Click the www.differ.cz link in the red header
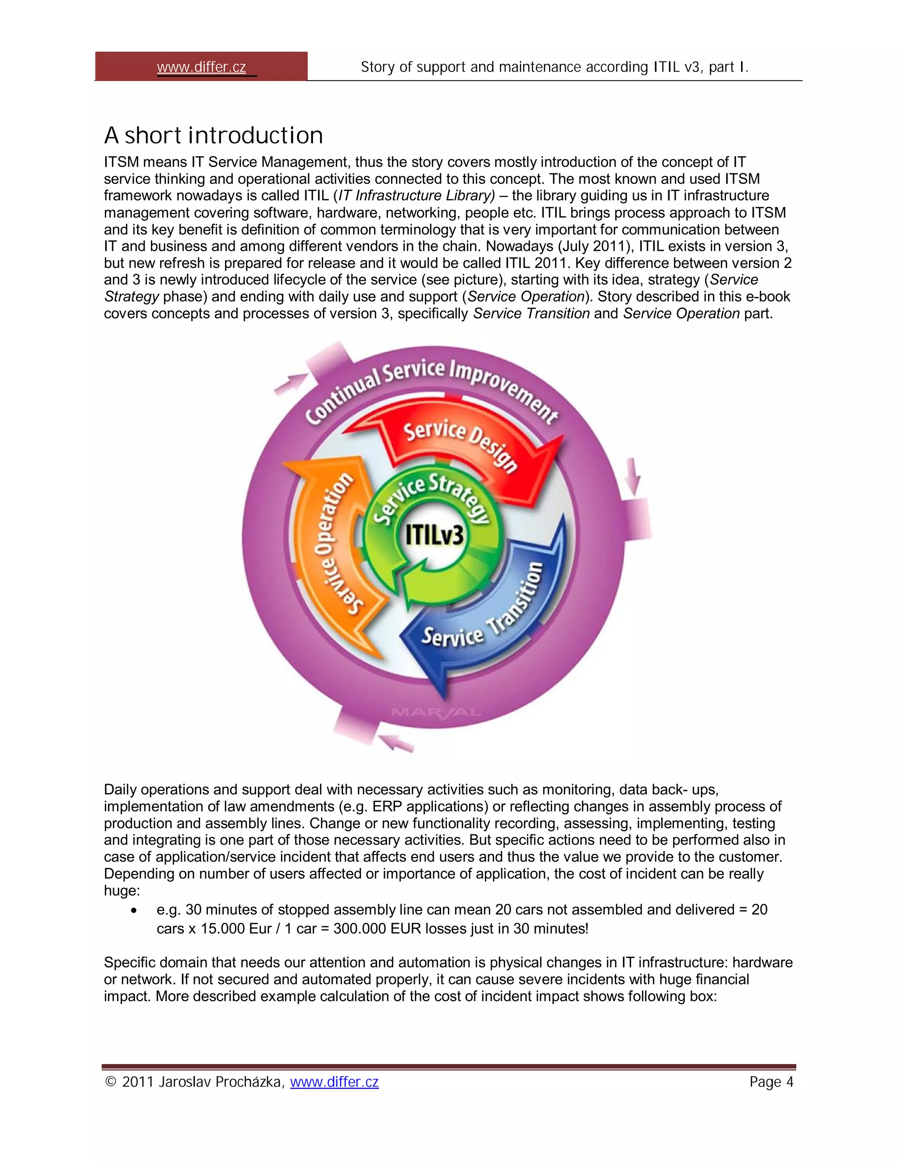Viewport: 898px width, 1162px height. pos(201,67)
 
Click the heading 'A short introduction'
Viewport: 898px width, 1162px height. pos(214,135)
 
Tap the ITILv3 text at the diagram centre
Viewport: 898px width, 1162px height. pos(434,535)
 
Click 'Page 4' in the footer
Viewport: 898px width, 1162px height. pos(771,1082)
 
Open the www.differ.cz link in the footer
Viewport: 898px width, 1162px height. pos(334,1082)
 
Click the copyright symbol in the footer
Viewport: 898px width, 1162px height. pos(110,1082)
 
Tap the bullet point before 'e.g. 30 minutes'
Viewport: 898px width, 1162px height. pos(134,911)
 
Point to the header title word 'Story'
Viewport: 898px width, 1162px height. pos(378,67)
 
